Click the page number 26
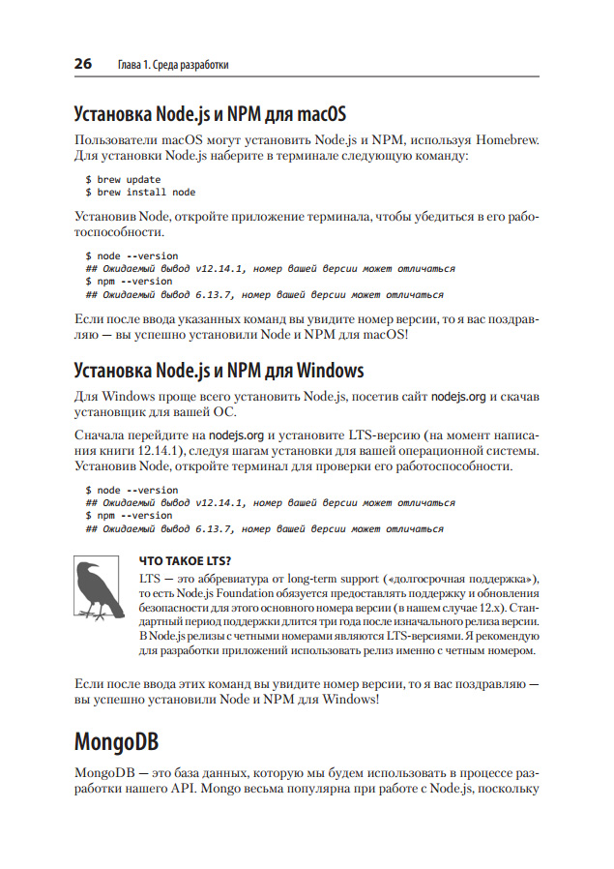pos(83,65)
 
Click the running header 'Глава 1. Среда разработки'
pos(172,66)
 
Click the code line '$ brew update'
pos(124,179)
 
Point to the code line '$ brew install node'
pos(141,192)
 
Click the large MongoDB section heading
pos(117,743)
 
